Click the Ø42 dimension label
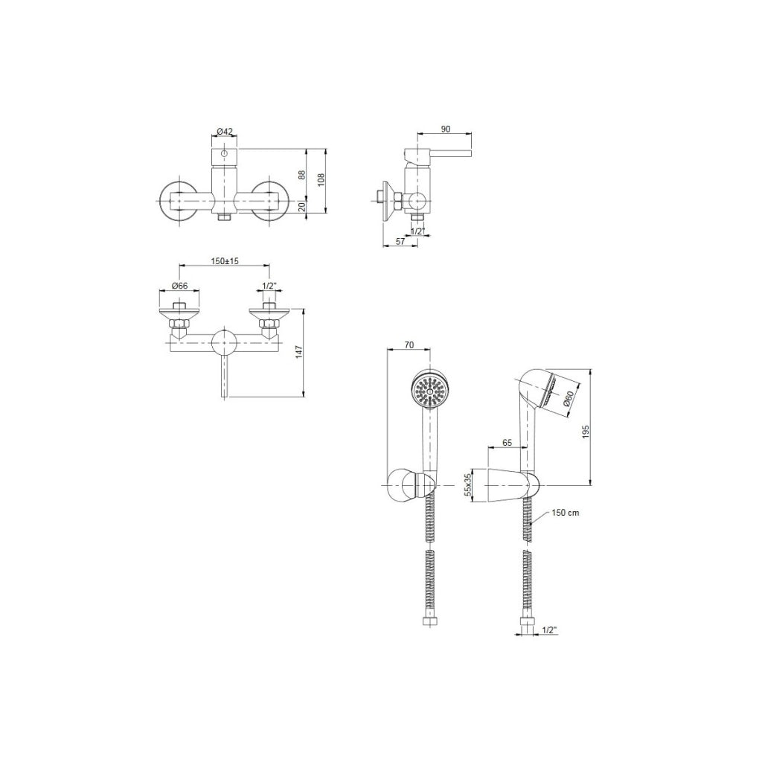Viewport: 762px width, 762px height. point(225,131)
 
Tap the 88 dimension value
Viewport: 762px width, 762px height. point(301,174)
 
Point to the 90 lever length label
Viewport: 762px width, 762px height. point(445,129)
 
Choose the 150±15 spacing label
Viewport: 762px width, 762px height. point(225,261)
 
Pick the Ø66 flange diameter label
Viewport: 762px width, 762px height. point(179,286)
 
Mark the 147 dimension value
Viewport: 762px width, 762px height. point(299,352)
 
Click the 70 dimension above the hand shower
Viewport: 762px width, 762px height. point(409,345)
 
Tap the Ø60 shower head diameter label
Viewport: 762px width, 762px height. point(568,398)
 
